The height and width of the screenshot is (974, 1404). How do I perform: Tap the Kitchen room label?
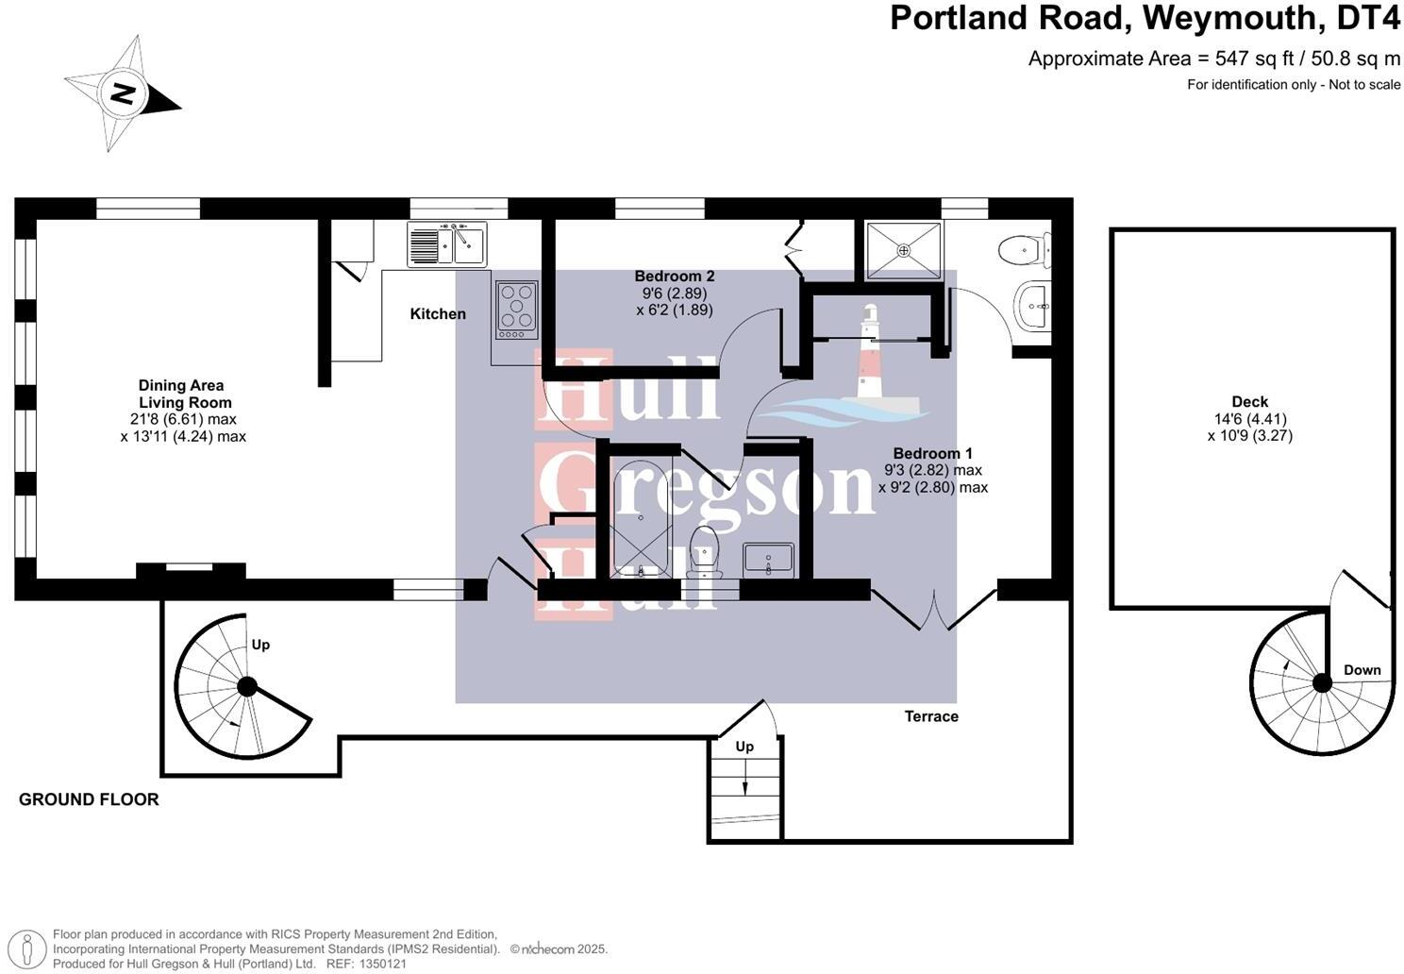437,313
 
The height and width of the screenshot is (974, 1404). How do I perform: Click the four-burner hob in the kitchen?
516,310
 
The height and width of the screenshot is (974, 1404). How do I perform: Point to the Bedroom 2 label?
674,277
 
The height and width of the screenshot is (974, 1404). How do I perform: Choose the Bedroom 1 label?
932,453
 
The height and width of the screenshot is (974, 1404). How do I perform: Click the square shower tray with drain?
904,250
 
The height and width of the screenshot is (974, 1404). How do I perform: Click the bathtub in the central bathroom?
641,520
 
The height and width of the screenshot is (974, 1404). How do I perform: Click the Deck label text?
1249,401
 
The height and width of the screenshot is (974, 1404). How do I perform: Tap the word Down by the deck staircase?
1362,670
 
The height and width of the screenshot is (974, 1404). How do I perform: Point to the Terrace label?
931,716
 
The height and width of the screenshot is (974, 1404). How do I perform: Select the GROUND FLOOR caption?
89,799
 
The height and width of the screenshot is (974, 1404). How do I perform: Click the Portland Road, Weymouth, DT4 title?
1145,18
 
